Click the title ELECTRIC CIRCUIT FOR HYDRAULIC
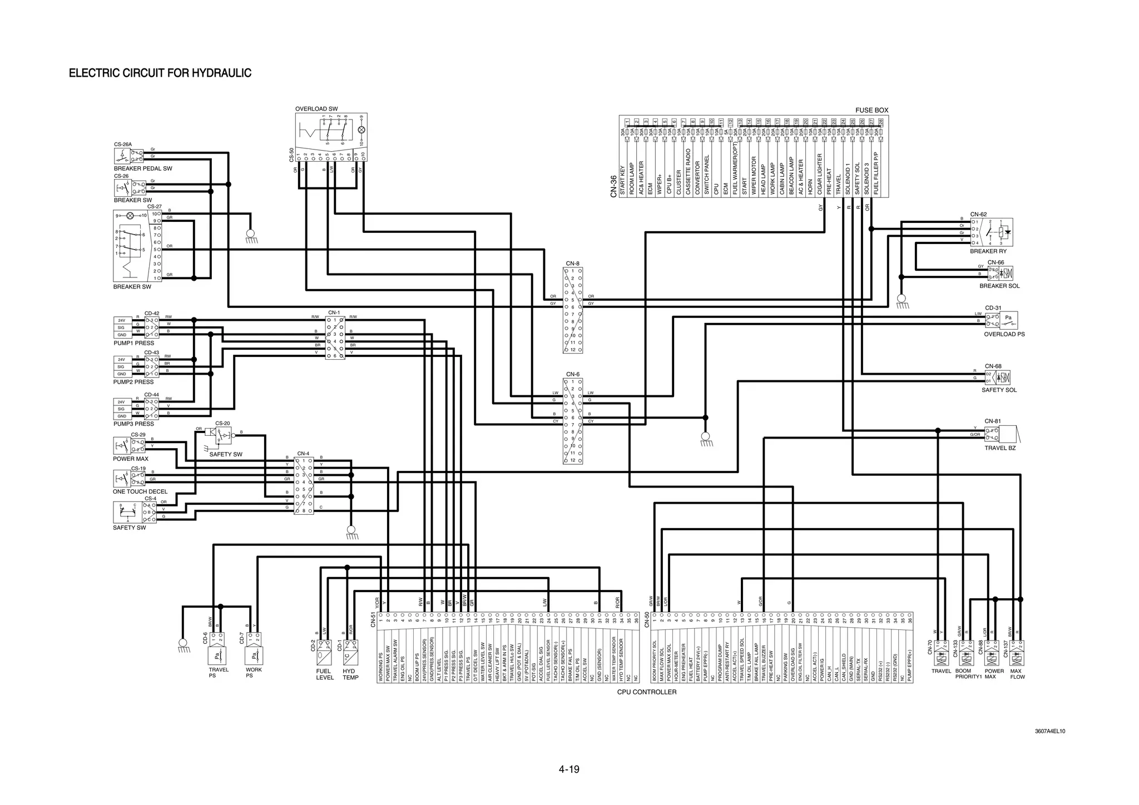tap(160, 73)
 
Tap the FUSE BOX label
tap(871, 110)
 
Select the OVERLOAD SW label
tap(316, 109)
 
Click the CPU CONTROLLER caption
tap(647, 692)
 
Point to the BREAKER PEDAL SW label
tap(143, 168)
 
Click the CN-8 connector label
tap(572, 264)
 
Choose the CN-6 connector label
tap(572, 375)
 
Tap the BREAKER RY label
tap(988, 251)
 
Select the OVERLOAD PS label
tap(1004, 334)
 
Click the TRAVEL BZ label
tap(1000, 448)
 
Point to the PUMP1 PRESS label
tap(133, 343)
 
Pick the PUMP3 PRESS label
tap(133, 424)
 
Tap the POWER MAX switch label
tap(131, 459)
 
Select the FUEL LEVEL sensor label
tap(325, 674)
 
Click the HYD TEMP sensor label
tap(350, 674)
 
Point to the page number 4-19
tap(569, 769)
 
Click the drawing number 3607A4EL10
tap(1049, 731)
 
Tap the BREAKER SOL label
tap(999, 286)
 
